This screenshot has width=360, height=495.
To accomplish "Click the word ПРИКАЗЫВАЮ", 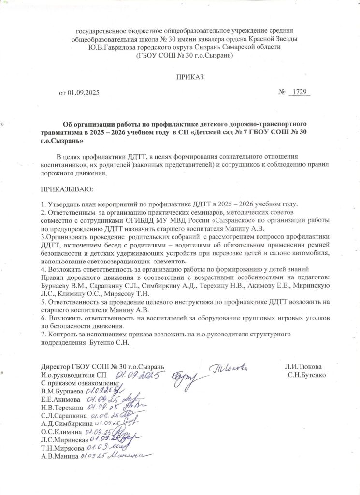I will click(x=67, y=188).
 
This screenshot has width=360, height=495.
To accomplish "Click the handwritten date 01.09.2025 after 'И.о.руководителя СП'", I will click(x=140, y=375).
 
